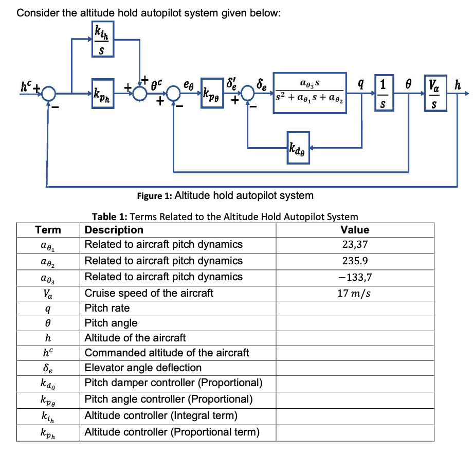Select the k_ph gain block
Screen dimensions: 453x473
(x=102, y=93)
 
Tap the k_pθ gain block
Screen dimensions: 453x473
(x=213, y=93)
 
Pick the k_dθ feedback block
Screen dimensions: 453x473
(x=298, y=149)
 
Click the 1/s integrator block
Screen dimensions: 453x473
(x=381, y=93)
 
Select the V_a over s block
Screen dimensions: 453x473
(x=434, y=93)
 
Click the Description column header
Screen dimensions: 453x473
(x=114, y=229)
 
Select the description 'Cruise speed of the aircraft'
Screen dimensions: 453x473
(x=149, y=293)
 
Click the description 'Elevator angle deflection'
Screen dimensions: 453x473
(x=143, y=368)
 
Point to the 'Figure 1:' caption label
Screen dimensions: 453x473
(x=155, y=196)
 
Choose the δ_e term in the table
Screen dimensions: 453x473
(x=48, y=368)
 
